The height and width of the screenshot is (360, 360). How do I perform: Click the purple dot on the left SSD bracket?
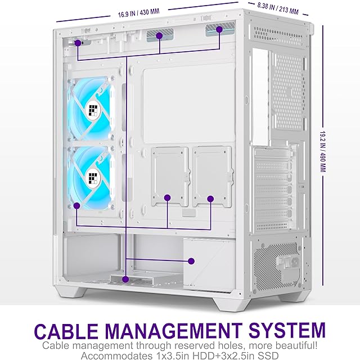click(x=167, y=197)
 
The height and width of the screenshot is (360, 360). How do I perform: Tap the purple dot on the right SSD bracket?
click(x=211, y=197)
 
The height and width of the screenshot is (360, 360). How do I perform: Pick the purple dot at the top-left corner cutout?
click(x=77, y=42)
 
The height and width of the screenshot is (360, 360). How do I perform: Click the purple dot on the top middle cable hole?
click(x=159, y=36)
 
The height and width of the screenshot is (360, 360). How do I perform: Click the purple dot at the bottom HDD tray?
click(x=125, y=278)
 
